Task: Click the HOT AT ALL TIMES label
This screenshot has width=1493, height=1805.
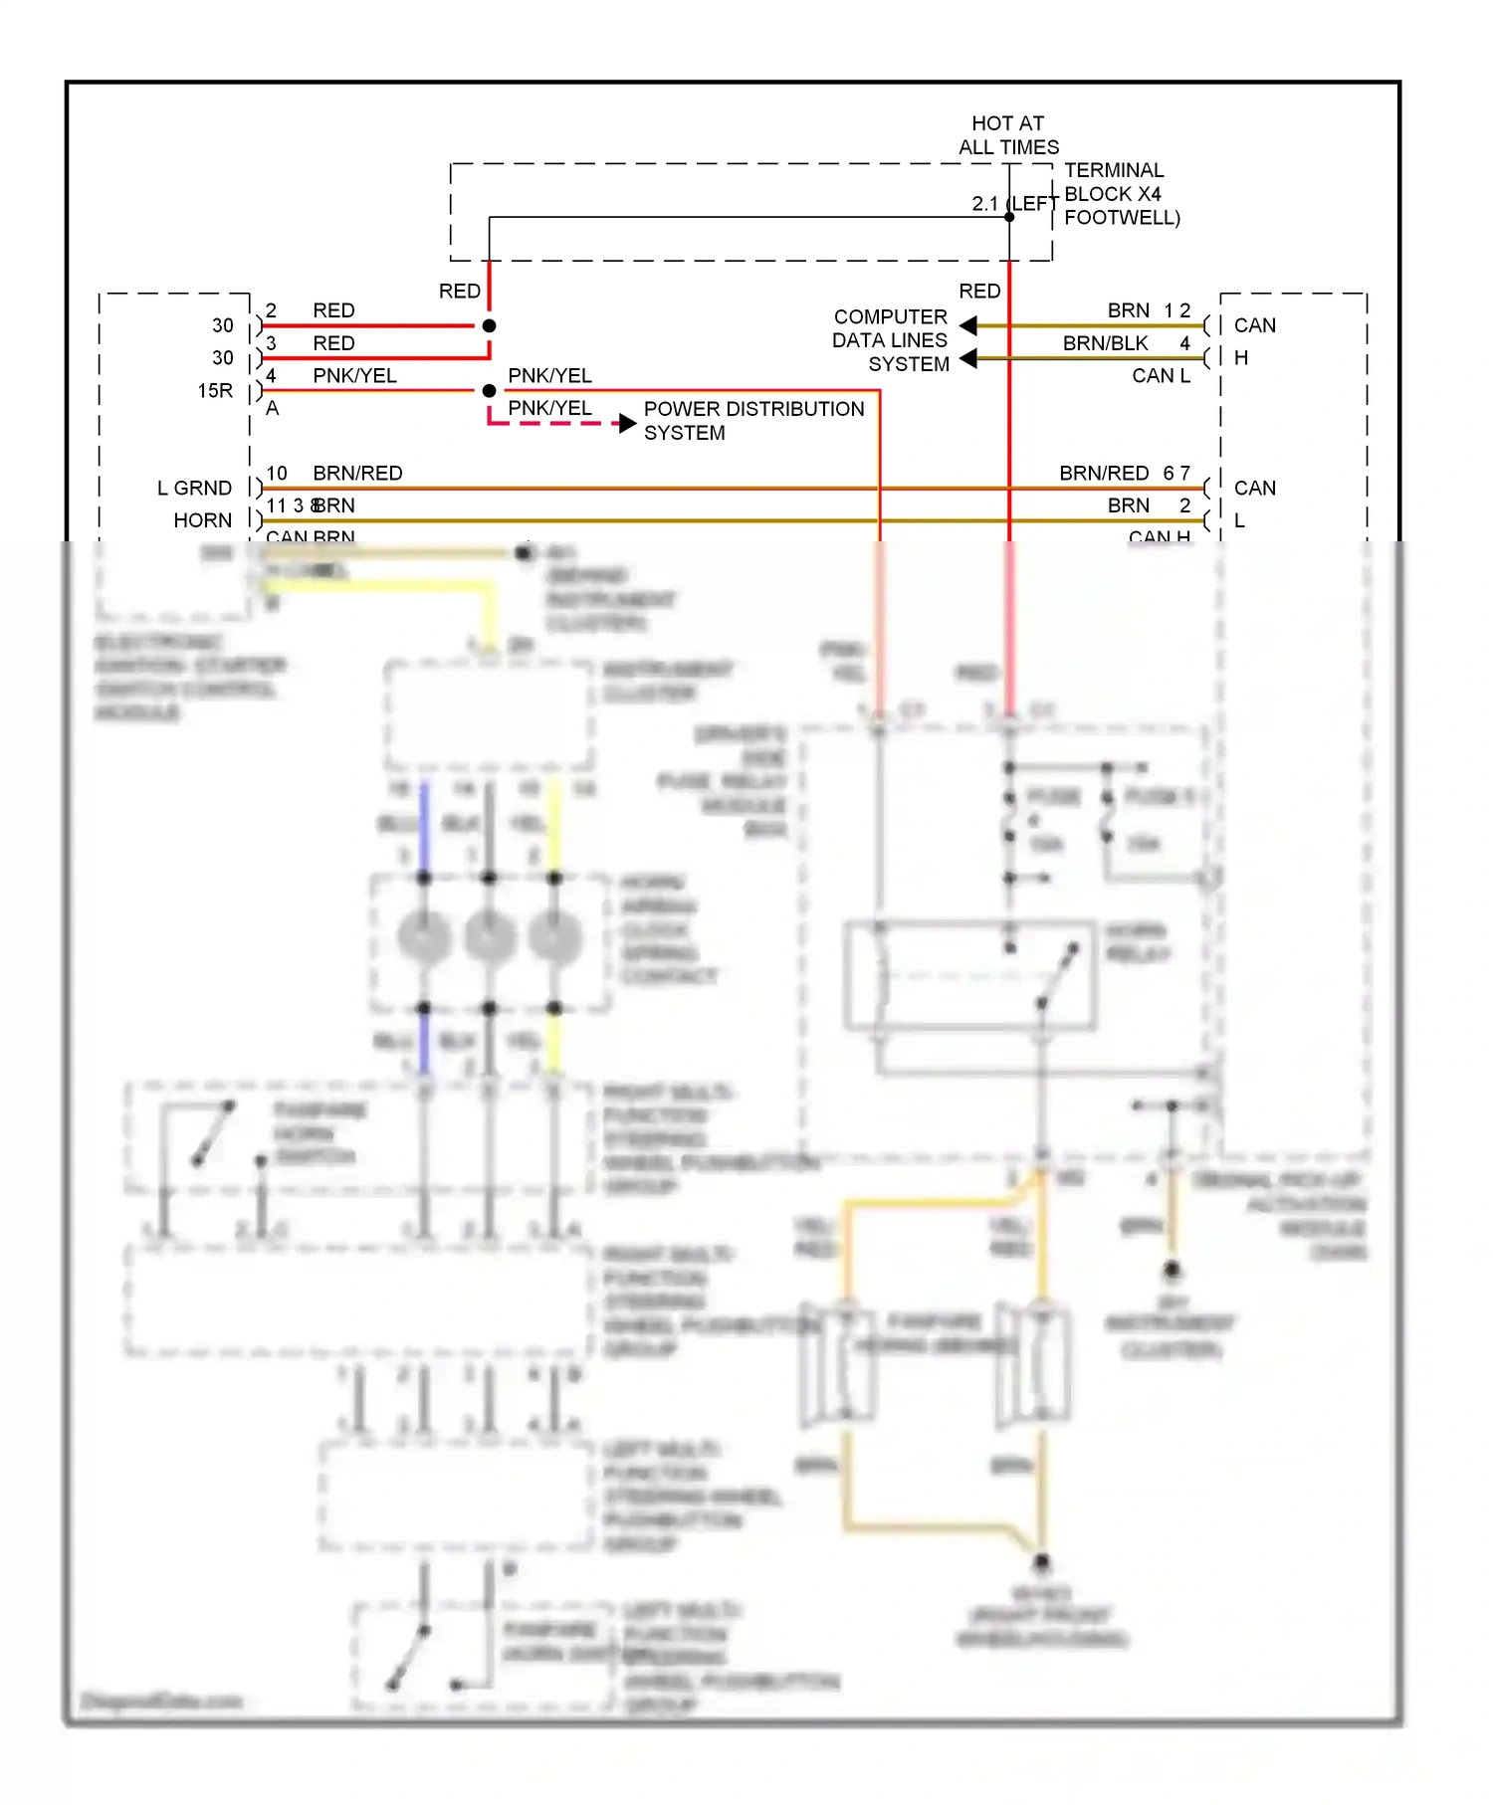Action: (1008, 135)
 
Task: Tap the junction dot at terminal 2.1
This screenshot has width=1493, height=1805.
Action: (1009, 217)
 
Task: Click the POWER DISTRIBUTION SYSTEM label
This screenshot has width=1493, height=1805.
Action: (752, 420)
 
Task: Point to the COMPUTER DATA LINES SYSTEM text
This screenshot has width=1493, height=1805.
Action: (890, 340)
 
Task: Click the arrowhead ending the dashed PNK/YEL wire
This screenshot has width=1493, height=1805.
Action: (627, 424)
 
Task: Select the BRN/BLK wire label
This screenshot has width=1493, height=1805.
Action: (1105, 343)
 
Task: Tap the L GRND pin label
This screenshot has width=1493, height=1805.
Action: (194, 489)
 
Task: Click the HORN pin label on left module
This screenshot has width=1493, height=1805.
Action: (202, 520)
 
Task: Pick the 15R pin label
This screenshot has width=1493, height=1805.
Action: (215, 391)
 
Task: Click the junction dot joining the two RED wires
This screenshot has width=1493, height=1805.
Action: (489, 326)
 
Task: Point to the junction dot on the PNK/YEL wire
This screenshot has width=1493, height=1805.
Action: (489, 391)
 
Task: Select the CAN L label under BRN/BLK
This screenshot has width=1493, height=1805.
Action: (1161, 376)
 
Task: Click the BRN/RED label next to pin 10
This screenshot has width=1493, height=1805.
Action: (357, 474)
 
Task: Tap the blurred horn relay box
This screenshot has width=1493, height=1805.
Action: (969, 975)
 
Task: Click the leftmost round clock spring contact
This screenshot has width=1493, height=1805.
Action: (424, 938)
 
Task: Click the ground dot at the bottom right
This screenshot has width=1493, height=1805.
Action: (1041, 1562)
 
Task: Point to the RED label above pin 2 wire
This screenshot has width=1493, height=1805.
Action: (460, 292)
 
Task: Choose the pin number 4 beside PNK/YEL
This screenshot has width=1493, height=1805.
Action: (271, 376)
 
